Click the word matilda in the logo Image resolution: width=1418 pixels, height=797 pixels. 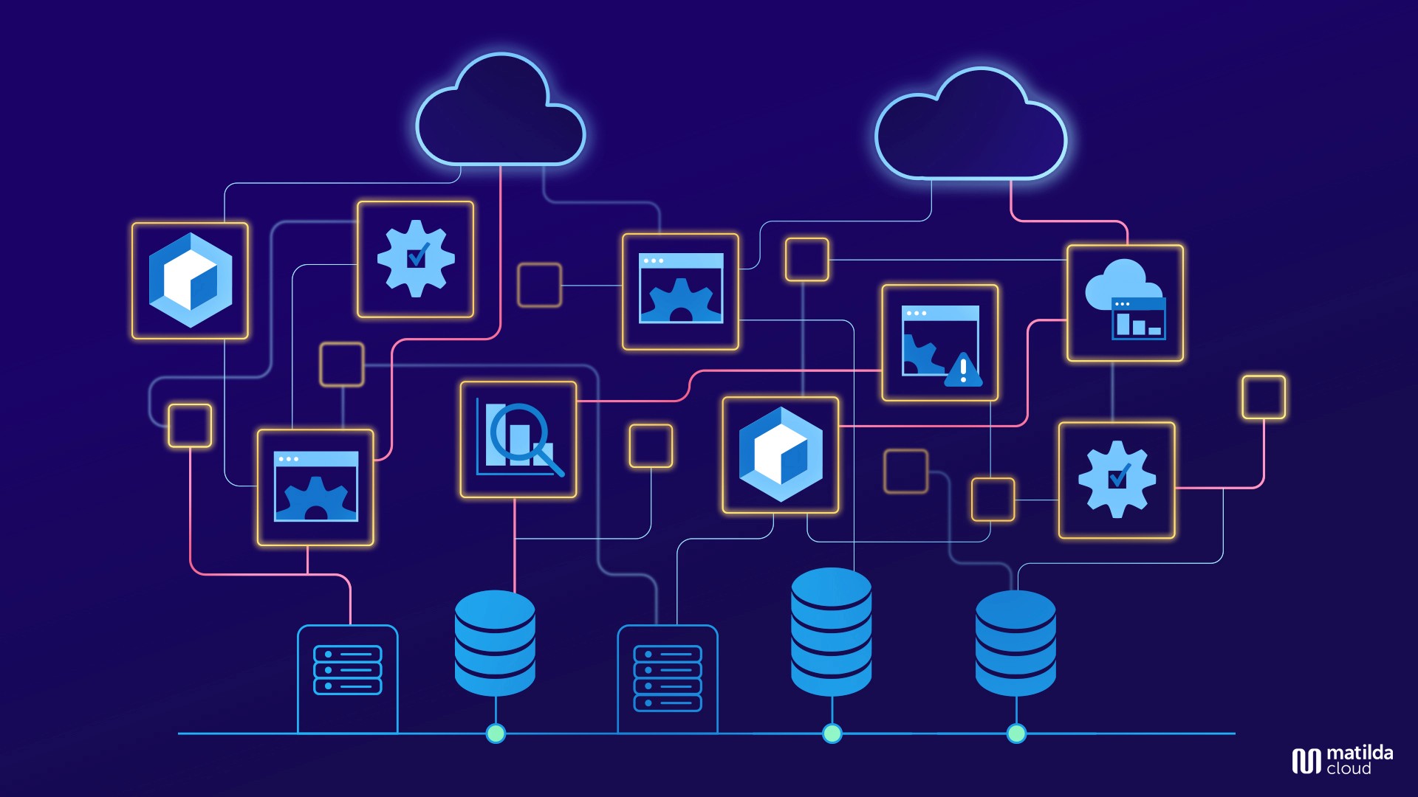pyautogui.click(x=1360, y=753)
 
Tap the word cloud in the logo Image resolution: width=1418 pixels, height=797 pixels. pyautogui.click(x=1349, y=769)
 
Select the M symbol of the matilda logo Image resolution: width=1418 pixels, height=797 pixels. pyautogui.click(x=1306, y=761)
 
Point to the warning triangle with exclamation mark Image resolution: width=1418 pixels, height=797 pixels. pyautogui.click(x=963, y=370)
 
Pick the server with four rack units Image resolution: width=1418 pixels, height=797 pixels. pyautogui.click(x=667, y=678)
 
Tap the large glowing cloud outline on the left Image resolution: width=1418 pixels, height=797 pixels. pyautogui.click(x=500, y=114)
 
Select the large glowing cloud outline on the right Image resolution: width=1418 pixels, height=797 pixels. pyautogui.click(x=970, y=129)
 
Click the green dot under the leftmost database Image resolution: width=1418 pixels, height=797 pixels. pyautogui.click(x=496, y=734)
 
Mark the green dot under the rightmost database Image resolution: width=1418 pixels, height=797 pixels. pyautogui.click(x=1016, y=734)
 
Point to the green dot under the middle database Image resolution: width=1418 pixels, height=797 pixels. pyautogui.click(x=832, y=734)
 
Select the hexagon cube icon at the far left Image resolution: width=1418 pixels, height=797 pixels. pyautogui.click(x=191, y=280)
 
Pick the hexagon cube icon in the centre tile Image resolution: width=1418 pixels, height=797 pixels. pyautogui.click(x=781, y=455)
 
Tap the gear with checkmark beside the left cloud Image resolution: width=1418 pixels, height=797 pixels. pyautogui.click(x=416, y=259)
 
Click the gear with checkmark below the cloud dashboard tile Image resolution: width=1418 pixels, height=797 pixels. pyautogui.click(x=1117, y=480)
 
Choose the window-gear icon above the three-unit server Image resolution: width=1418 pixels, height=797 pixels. pyautogui.click(x=315, y=487)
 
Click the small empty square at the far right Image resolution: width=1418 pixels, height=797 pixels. pyautogui.click(x=1264, y=397)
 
